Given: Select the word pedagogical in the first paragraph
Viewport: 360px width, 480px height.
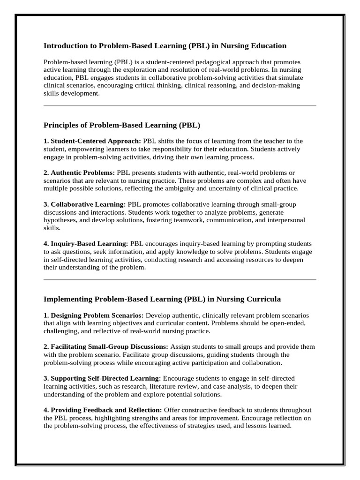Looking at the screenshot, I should (x=212, y=62).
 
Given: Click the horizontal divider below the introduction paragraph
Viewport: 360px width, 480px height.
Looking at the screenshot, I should (x=180, y=106).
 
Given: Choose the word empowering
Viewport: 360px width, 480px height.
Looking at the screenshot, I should (x=88, y=149).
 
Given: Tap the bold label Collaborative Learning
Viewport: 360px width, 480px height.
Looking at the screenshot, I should (x=88, y=205).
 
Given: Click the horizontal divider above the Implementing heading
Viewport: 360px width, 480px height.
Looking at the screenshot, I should (x=180, y=279).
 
